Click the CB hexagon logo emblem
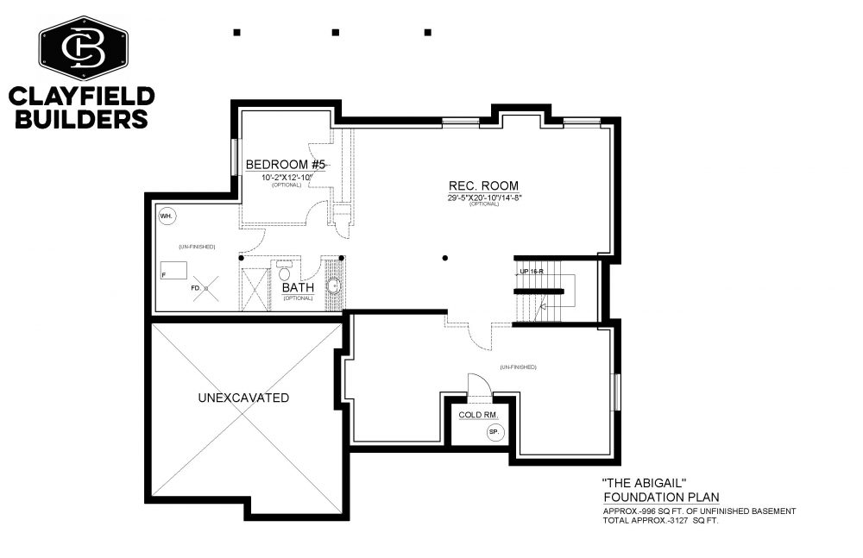(83, 48)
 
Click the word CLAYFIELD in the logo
(81, 97)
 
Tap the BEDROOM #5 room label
(286, 165)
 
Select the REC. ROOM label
(483, 186)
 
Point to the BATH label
(298, 287)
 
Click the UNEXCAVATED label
(243, 398)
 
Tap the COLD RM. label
(478, 415)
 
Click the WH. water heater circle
(167, 216)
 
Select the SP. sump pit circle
(494, 432)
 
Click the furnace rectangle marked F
(173, 271)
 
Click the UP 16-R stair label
(532, 272)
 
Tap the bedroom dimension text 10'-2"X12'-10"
(287, 177)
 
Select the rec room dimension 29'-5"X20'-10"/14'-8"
(484, 197)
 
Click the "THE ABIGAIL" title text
(645, 483)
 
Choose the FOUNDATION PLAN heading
(661, 498)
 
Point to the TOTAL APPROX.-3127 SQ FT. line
(660, 520)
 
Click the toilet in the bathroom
(285, 272)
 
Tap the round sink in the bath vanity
(333, 286)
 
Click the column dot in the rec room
(444, 258)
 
